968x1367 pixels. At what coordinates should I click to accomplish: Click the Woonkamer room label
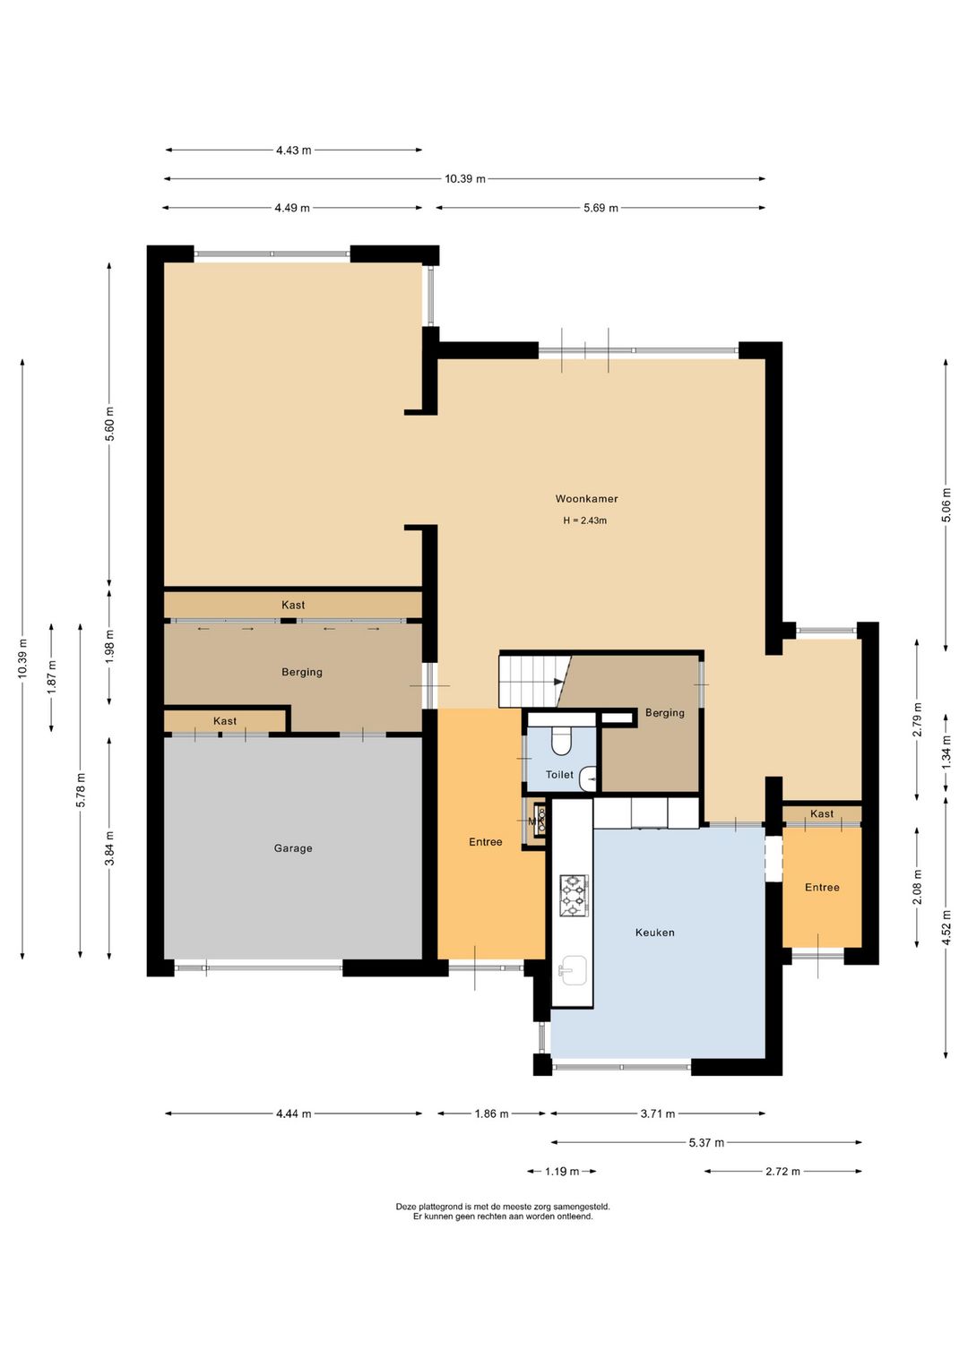[586, 499]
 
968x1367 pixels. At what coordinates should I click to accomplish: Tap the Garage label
[293, 847]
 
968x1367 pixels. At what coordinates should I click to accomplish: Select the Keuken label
[654, 932]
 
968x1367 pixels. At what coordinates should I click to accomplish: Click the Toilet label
[559, 775]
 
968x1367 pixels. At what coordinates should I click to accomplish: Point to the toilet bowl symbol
[561, 740]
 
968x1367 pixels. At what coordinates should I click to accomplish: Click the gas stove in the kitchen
[575, 895]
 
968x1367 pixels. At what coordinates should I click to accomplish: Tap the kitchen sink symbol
[572, 970]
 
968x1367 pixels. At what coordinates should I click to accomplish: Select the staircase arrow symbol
[558, 682]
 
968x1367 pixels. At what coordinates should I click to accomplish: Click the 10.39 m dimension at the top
[465, 179]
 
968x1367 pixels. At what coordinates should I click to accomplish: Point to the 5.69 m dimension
[601, 208]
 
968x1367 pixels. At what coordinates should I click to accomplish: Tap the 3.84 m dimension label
[109, 848]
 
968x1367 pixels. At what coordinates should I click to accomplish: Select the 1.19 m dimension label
[562, 1171]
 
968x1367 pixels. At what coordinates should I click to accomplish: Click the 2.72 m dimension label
[782, 1171]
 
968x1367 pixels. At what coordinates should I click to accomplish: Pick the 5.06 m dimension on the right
[946, 504]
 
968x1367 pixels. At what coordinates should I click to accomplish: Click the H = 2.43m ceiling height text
[585, 520]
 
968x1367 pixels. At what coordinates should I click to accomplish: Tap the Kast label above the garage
[225, 721]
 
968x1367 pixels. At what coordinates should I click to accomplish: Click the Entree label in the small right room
[822, 887]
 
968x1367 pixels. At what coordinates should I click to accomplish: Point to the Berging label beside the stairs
[664, 712]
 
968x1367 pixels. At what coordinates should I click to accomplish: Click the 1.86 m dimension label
[492, 1113]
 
